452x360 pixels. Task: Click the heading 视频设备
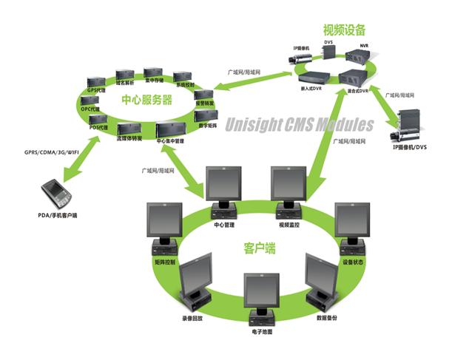[343, 30]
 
